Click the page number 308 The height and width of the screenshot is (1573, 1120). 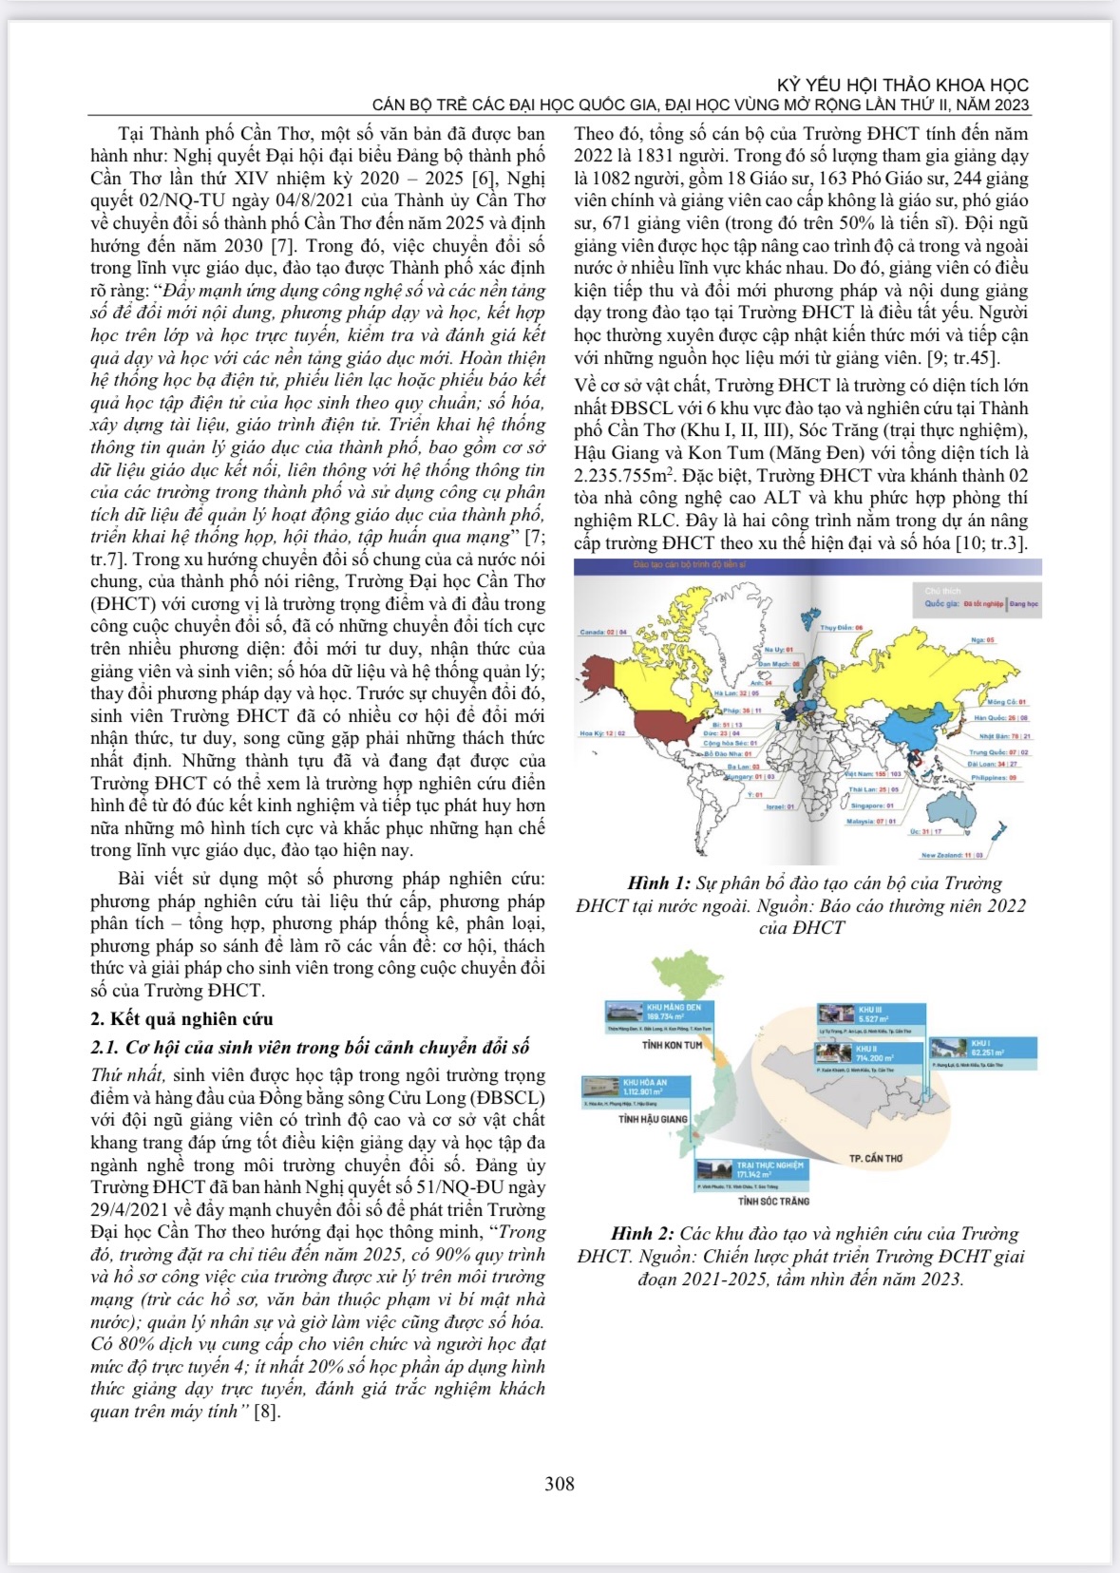pyautogui.click(x=559, y=1483)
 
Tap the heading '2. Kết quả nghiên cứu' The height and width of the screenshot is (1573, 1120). pyautogui.click(x=181, y=1019)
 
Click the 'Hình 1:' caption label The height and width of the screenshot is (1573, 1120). pyautogui.click(x=658, y=883)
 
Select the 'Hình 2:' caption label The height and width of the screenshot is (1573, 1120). pyautogui.click(x=643, y=1234)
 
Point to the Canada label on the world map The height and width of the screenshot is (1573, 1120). pyautogui.click(x=603, y=632)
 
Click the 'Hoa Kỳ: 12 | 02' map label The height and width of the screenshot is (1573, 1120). pyautogui.click(x=602, y=733)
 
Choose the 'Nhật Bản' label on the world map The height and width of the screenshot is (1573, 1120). pyautogui.click(x=1004, y=736)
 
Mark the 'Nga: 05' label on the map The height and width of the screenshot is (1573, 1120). pyautogui.click(x=982, y=640)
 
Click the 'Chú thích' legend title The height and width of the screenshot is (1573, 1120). pyautogui.click(x=943, y=591)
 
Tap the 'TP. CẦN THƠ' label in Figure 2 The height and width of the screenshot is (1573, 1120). pyautogui.click(x=875, y=1159)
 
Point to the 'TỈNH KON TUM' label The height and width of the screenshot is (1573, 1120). pyautogui.click(x=672, y=1045)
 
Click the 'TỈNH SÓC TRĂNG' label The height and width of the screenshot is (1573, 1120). pyautogui.click(x=773, y=1202)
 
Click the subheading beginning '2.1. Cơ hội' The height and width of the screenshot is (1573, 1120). pyautogui.click(x=310, y=1048)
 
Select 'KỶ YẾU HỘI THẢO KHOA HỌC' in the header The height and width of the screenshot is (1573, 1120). pyautogui.click(x=902, y=85)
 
